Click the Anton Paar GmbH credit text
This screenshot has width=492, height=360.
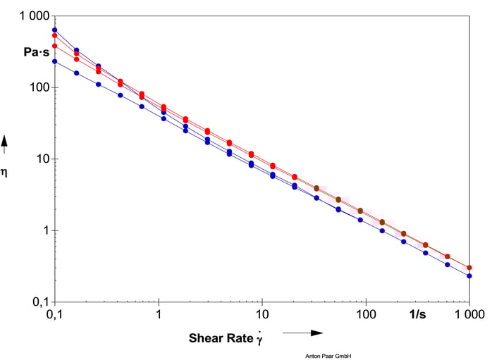pyautogui.click(x=328, y=356)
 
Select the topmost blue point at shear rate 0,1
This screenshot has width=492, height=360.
pyautogui.click(x=55, y=30)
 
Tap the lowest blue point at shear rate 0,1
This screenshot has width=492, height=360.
pyautogui.click(x=55, y=61)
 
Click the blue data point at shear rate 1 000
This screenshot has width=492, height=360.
pyautogui.click(x=469, y=276)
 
